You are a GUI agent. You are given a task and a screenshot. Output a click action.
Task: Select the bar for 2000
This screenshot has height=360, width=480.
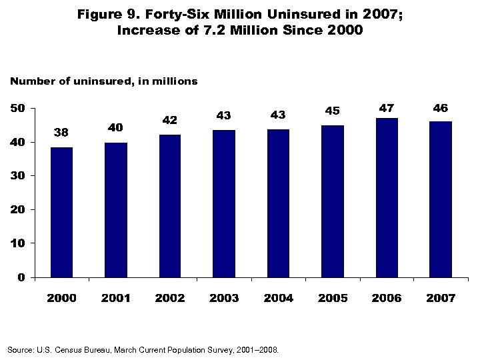click(x=61, y=212)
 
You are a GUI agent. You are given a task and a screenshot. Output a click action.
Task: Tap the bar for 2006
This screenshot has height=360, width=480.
click(x=387, y=197)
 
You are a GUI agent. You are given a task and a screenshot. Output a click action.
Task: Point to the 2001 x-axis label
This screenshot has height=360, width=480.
click(x=115, y=298)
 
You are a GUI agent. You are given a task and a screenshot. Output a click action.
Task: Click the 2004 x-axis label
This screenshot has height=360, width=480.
click(x=278, y=298)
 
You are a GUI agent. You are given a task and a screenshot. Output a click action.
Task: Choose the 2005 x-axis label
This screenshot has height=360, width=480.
click(x=333, y=298)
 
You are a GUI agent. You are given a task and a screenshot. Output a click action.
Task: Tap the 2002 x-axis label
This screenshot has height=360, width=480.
click(x=170, y=298)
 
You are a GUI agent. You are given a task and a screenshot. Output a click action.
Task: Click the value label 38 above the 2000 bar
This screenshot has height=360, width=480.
click(x=61, y=133)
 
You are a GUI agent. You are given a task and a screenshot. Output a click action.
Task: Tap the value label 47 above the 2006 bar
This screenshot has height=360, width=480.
click(x=387, y=107)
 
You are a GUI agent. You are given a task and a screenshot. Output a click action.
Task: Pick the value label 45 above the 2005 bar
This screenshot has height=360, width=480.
click(x=332, y=111)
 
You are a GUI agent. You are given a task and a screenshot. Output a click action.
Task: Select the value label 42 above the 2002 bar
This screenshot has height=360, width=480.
click(x=169, y=120)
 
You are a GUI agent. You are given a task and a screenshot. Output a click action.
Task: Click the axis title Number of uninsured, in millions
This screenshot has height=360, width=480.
click(x=103, y=81)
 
